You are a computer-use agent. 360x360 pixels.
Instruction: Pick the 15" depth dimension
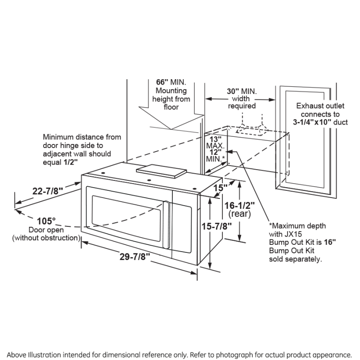(x=220, y=187)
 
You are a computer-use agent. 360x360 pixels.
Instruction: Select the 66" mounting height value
(x=162, y=82)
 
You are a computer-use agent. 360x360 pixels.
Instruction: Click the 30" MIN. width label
(x=242, y=90)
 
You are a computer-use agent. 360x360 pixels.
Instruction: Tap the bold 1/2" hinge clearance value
(x=70, y=161)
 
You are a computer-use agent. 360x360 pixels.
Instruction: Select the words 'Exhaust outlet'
(x=320, y=106)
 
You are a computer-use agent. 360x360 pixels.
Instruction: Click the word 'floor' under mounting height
(x=171, y=107)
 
